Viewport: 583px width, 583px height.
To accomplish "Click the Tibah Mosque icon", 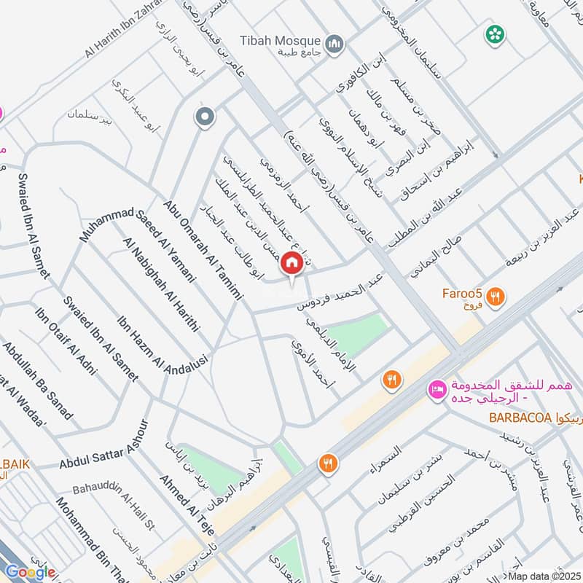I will point(335,45).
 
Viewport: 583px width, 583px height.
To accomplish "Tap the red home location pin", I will point(292,263).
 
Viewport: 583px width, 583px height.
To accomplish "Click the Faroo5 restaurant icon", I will point(496,296).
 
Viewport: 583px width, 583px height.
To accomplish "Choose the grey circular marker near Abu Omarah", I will point(205,116).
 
